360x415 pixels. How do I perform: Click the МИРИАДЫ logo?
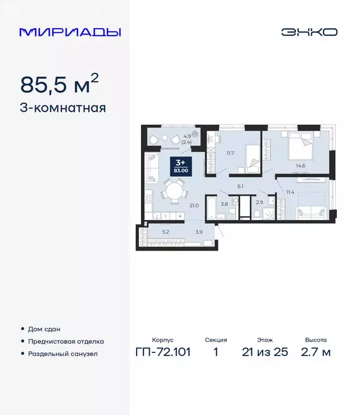pyautogui.click(x=70, y=32)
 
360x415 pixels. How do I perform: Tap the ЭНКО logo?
pyautogui.click(x=309, y=32)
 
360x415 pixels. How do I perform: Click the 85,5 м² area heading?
pyautogui.click(x=59, y=84)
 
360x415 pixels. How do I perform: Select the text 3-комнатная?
pyautogui.click(x=63, y=108)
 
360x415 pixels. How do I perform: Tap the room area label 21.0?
pyautogui.click(x=195, y=205)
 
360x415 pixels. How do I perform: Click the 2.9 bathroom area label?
pyautogui.click(x=259, y=202)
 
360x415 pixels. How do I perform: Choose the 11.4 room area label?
pyautogui.click(x=290, y=192)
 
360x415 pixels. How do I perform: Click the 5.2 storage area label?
pyautogui.click(x=165, y=232)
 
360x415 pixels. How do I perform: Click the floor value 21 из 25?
pyautogui.click(x=265, y=352)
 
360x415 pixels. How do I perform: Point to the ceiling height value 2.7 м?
pyautogui.click(x=316, y=352)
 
